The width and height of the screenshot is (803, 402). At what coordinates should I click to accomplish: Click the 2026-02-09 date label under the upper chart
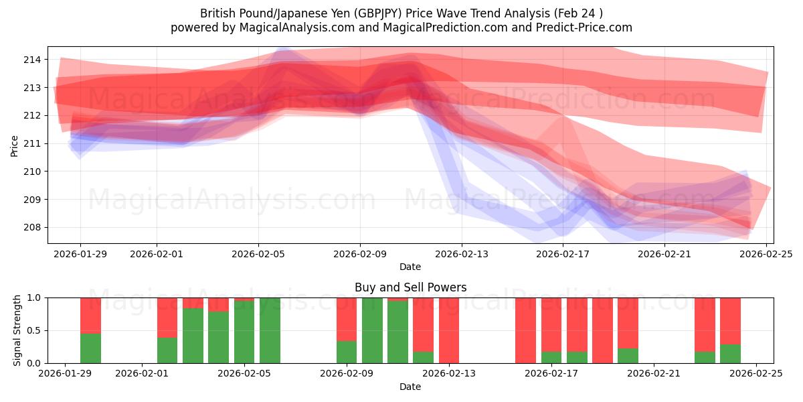360,253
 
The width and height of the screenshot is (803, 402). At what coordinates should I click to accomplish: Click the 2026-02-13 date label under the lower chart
449,375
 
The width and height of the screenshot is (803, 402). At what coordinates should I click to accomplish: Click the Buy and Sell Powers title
410,287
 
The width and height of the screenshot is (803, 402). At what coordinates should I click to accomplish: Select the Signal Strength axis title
17,330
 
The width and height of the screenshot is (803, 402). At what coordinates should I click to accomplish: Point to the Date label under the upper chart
410,267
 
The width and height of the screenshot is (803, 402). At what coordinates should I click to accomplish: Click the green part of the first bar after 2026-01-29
90,348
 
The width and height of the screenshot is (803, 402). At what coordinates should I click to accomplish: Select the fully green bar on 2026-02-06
270,330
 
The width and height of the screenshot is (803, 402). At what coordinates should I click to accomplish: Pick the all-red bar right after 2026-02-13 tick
449,330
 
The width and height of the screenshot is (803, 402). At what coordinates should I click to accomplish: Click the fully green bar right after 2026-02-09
372,330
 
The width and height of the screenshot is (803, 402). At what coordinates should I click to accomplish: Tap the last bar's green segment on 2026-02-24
730,354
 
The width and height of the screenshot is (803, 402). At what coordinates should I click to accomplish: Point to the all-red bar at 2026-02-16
525,330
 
